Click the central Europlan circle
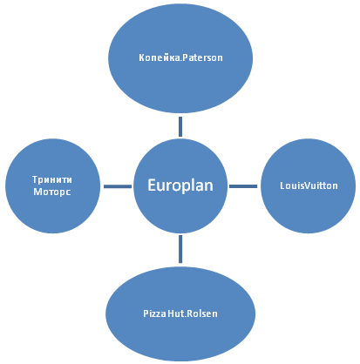click(x=180, y=185)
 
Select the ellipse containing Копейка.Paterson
click(x=180, y=58)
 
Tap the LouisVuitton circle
click(x=309, y=185)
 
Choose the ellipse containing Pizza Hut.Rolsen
click(x=180, y=313)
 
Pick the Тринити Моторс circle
click(x=52, y=185)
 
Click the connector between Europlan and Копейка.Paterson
click(x=180, y=126)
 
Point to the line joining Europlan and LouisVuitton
click(x=243, y=186)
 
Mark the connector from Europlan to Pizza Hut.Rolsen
click(x=180, y=249)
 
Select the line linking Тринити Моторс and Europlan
click(x=118, y=186)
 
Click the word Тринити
click(x=52, y=179)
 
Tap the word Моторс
click(x=52, y=192)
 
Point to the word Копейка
click(x=160, y=57)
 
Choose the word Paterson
click(x=203, y=57)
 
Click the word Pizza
click(x=154, y=313)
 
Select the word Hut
click(x=175, y=313)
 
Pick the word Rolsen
click(x=201, y=313)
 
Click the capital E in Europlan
click(x=152, y=185)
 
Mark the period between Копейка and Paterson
click(x=181, y=61)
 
